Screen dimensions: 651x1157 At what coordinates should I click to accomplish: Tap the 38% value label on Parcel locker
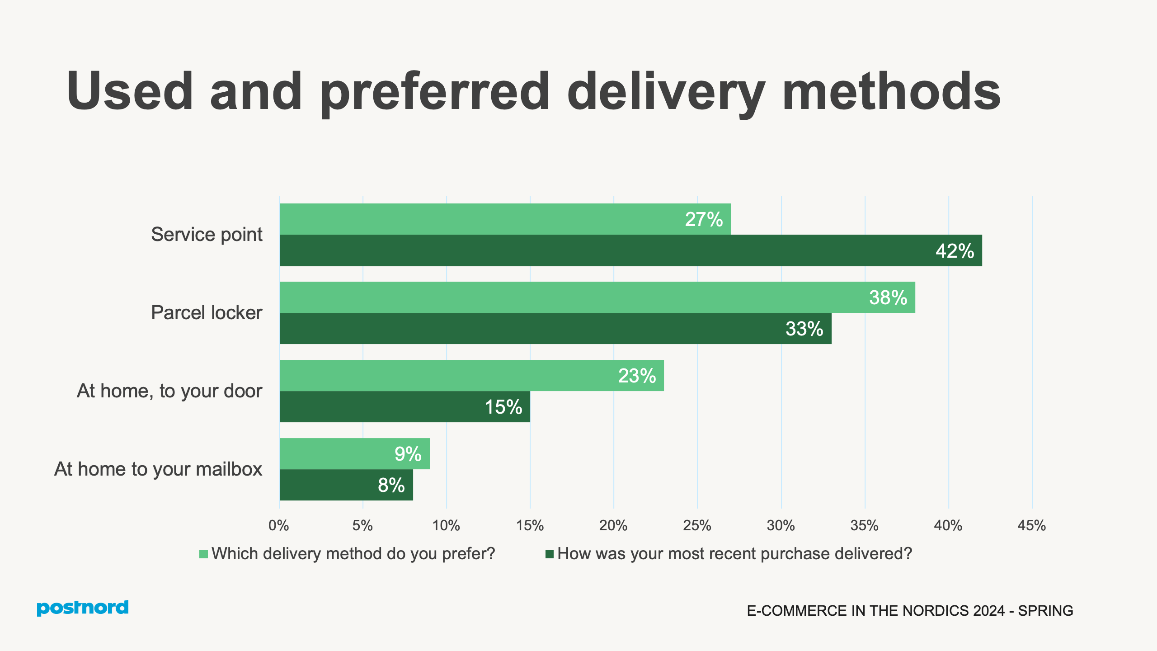point(888,297)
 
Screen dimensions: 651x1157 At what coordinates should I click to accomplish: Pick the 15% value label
point(503,407)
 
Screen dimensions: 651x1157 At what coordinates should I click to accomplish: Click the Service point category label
point(207,235)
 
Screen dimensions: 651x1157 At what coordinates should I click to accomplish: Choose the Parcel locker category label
point(207,313)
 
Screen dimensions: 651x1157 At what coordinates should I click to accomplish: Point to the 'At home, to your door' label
point(169,391)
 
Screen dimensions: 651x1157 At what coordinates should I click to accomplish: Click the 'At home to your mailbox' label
point(158,469)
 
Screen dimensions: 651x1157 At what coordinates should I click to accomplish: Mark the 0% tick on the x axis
point(278,525)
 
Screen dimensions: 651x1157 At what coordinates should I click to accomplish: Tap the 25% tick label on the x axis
point(697,525)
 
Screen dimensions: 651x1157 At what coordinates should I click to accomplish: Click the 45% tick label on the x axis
point(1031,525)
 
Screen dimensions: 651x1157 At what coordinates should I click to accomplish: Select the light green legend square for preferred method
point(203,554)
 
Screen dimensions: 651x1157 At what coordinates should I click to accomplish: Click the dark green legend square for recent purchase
point(550,554)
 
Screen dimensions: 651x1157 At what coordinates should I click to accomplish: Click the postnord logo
point(83,608)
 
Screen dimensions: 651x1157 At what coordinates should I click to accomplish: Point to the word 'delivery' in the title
point(665,92)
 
